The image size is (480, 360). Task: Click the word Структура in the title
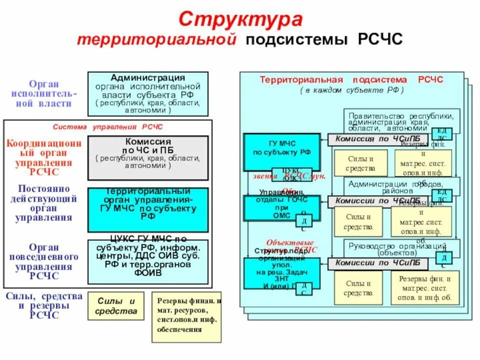[x=240, y=19]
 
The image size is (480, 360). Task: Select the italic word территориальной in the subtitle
[x=156, y=40]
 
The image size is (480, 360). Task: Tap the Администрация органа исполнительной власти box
[x=148, y=93]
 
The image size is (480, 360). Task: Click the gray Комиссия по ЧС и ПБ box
[x=148, y=157]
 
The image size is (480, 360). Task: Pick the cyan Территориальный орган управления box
[x=148, y=209]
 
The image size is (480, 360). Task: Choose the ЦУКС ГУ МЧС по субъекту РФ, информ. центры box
[x=148, y=261]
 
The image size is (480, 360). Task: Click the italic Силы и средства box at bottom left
[x=116, y=306]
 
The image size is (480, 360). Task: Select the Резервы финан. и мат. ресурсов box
[x=186, y=316]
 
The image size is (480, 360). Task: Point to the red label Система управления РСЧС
[x=108, y=127]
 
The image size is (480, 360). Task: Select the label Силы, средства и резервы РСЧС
[x=44, y=305]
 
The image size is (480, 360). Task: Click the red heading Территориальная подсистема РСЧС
[x=351, y=79]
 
